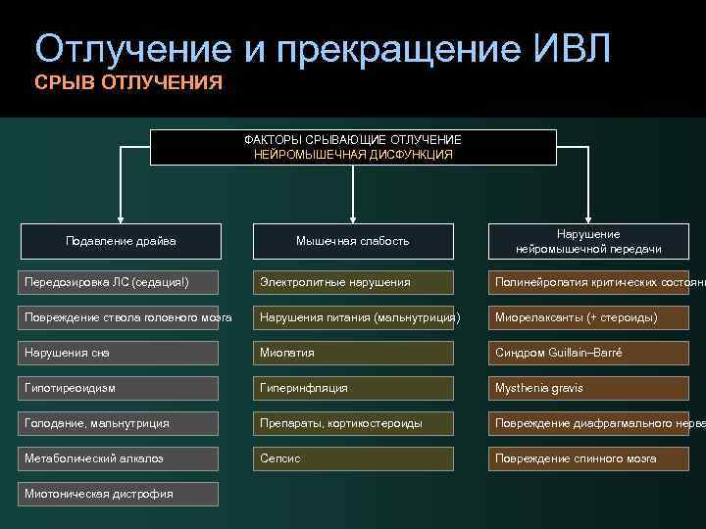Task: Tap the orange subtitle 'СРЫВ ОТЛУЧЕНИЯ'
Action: pos(128,82)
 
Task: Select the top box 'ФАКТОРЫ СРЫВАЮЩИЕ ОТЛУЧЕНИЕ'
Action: pos(353,147)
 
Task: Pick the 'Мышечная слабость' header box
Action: pos(353,241)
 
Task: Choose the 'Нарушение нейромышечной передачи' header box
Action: pos(587,241)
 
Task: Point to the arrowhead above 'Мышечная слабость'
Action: pos(353,216)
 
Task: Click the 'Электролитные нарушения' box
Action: pos(353,282)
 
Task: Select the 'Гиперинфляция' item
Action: pos(353,388)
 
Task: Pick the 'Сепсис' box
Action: pos(353,458)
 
